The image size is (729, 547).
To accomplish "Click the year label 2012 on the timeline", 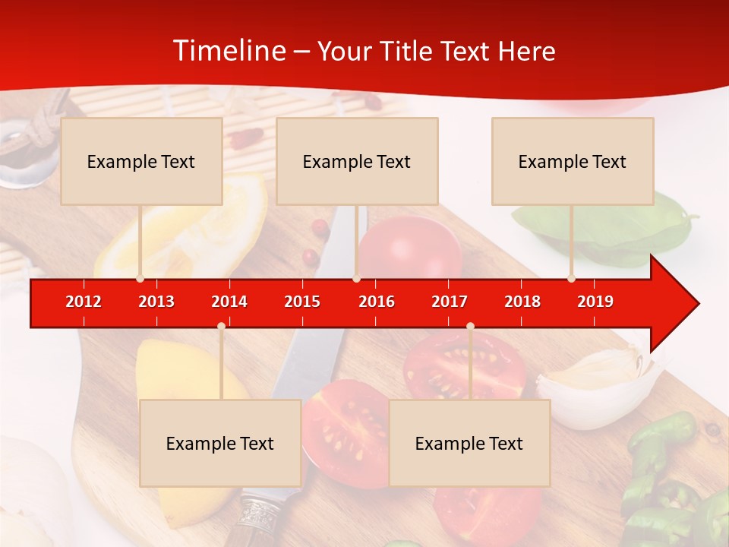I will [84, 302].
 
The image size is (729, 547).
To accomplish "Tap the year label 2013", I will [156, 302].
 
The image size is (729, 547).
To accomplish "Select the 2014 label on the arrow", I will [229, 302].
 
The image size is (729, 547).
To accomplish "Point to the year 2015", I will [302, 302].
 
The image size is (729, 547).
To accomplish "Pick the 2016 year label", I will [377, 302].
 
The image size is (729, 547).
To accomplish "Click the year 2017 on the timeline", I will [450, 302].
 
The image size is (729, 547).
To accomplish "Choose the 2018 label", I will [522, 302].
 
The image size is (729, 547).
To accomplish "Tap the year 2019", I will [595, 302].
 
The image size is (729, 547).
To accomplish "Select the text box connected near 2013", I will [141, 161].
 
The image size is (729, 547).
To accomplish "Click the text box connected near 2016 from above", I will [357, 161].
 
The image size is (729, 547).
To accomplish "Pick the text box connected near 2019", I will [573, 161].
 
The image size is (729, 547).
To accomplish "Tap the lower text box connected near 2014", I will [220, 443].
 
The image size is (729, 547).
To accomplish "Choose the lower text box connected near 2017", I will [469, 443].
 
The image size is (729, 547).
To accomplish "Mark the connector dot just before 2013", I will [140, 279].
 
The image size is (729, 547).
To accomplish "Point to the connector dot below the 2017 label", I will [470, 327].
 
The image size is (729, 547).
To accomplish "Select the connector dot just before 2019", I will [571, 279].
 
